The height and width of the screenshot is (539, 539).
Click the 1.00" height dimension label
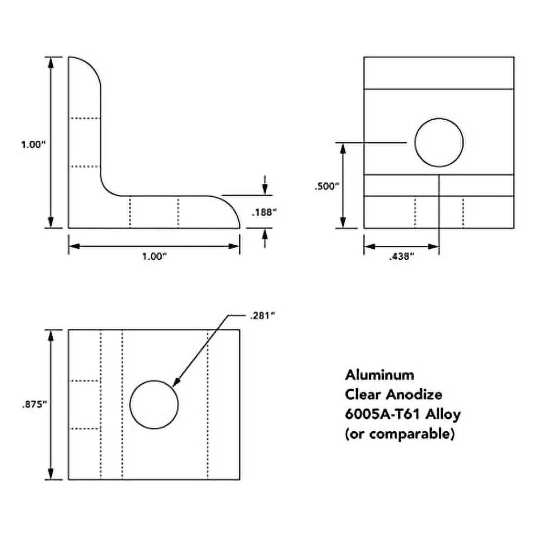[x=33, y=144]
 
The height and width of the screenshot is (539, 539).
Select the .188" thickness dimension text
[x=264, y=212]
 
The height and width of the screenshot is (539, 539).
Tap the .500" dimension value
[x=327, y=186]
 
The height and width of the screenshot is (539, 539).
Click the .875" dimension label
[x=33, y=406]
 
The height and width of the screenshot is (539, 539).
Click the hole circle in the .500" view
[x=439, y=142]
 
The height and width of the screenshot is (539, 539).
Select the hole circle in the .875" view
[x=154, y=405]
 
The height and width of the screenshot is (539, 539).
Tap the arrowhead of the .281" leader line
[x=174, y=384]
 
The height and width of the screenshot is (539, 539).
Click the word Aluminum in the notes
[x=379, y=374]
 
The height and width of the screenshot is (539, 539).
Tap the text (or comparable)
[x=399, y=434]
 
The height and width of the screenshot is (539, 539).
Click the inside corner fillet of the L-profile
[x=108, y=189]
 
